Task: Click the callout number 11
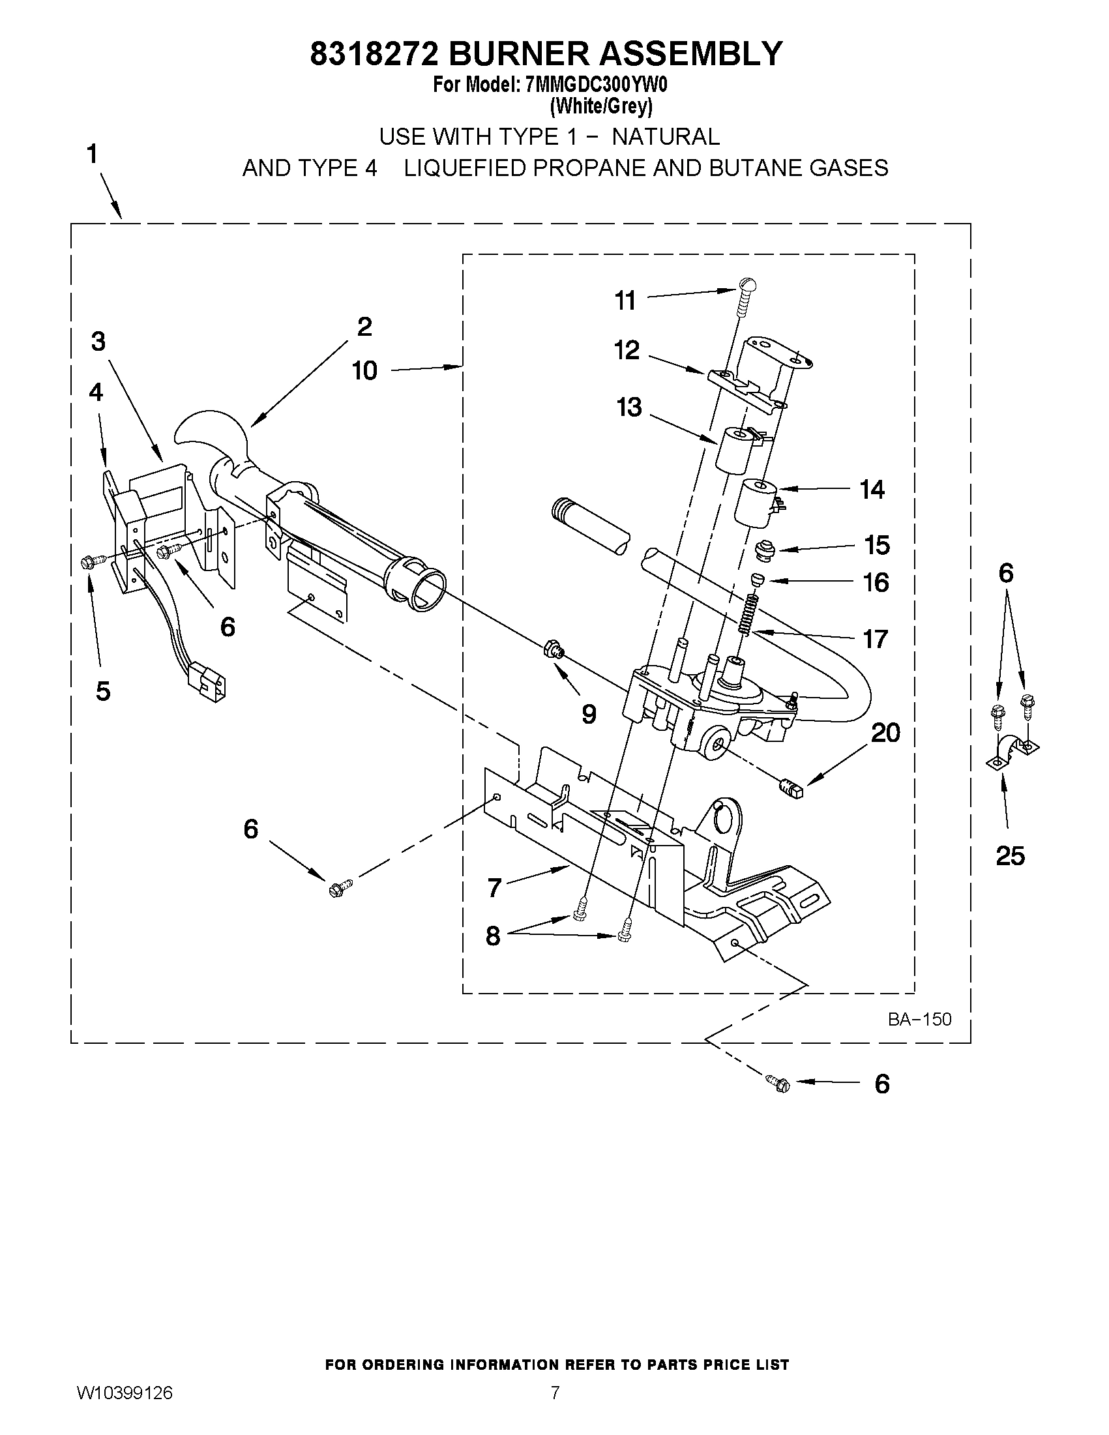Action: [x=625, y=301]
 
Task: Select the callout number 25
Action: [x=1010, y=855]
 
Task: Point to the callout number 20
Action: [x=885, y=733]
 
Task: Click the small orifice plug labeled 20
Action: [x=790, y=787]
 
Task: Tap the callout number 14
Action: [x=872, y=490]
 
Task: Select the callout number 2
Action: [x=364, y=327]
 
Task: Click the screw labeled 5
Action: [x=91, y=562]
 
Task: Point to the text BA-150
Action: [x=919, y=1019]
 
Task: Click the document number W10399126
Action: [x=125, y=1411]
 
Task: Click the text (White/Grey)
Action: [x=600, y=106]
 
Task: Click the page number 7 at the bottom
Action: [x=555, y=1411]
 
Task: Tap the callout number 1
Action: [x=93, y=155]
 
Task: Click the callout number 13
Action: [x=628, y=407]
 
